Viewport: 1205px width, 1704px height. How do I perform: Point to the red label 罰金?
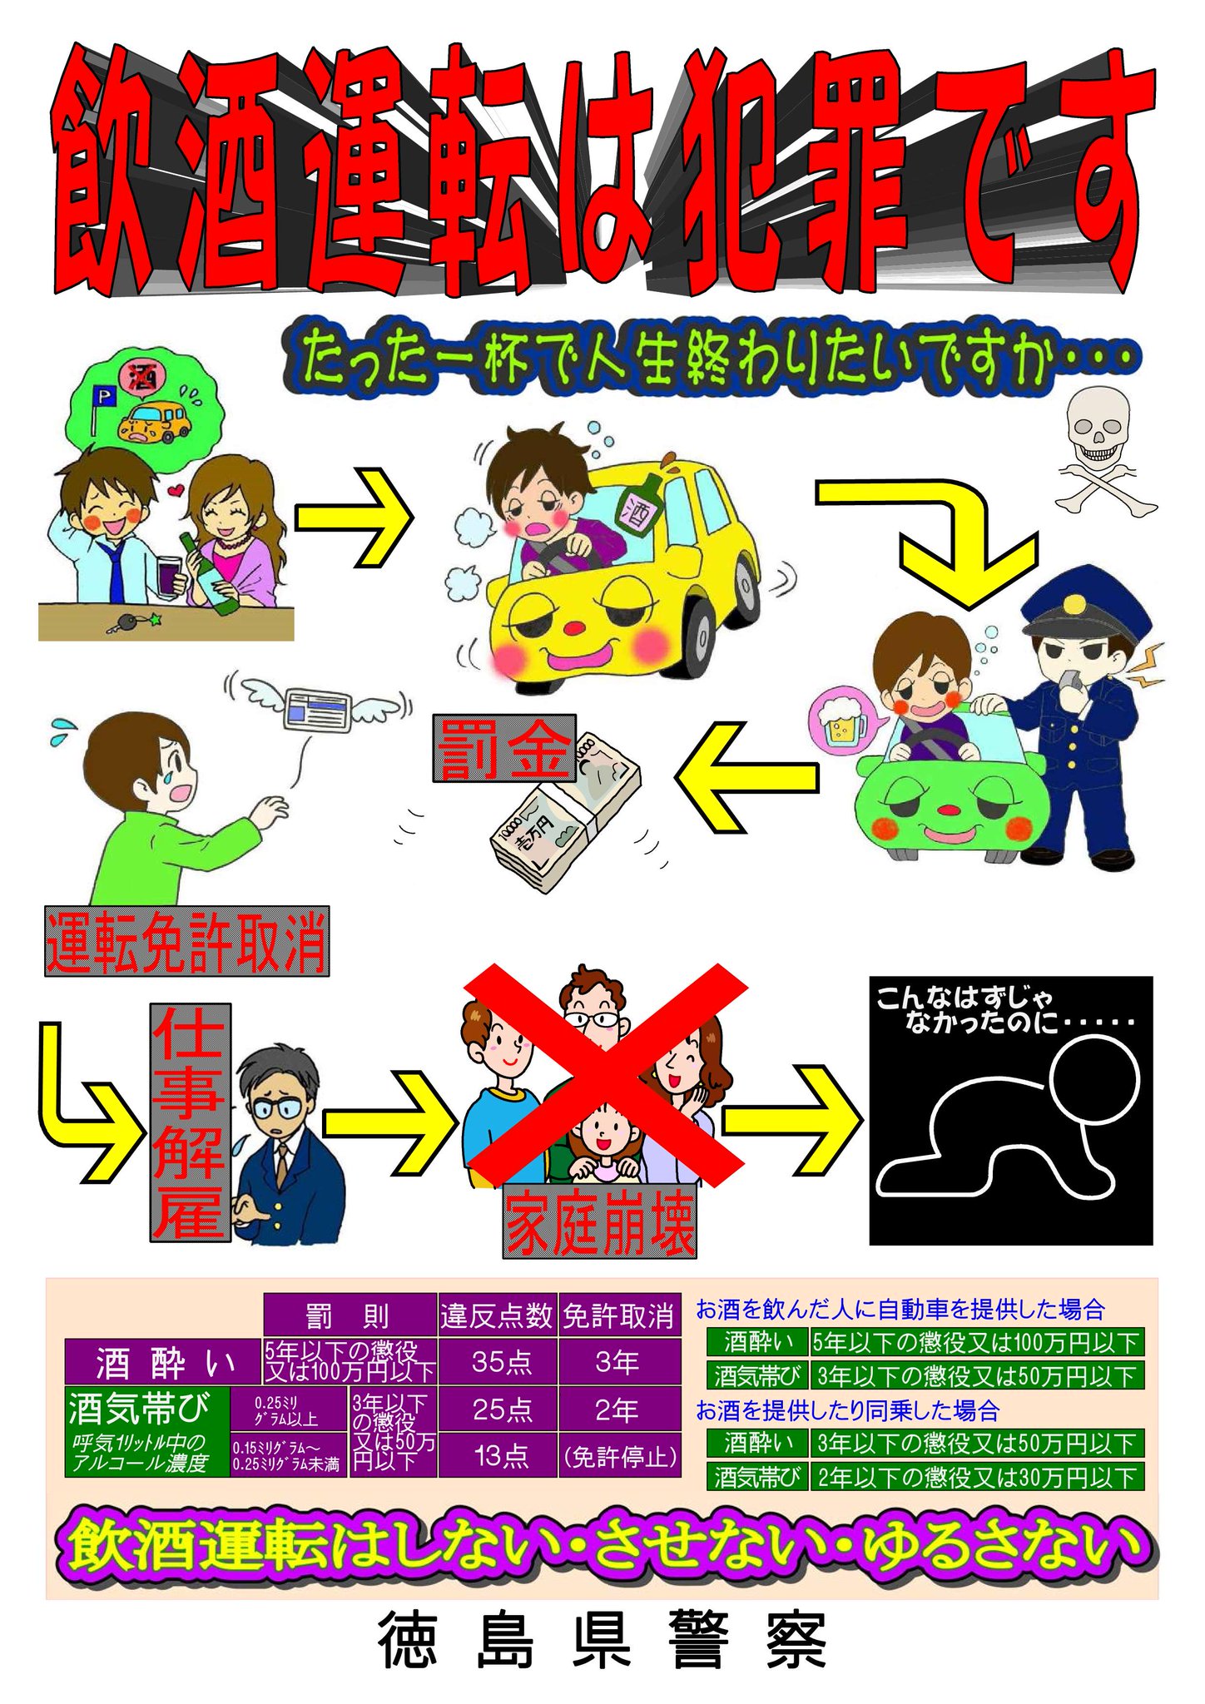coord(503,748)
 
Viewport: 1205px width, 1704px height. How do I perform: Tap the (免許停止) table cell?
coord(620,1455)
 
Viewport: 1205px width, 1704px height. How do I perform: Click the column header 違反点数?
coord(497,1315)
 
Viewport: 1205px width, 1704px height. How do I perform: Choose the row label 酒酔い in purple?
coord(164,1362)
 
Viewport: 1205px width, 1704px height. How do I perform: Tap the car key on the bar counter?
coord(133,622)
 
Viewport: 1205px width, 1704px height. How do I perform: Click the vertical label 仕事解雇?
coord(190,1122)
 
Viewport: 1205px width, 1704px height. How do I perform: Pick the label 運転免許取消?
coord(186,941)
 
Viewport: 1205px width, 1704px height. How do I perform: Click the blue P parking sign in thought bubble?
coord(107,398)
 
